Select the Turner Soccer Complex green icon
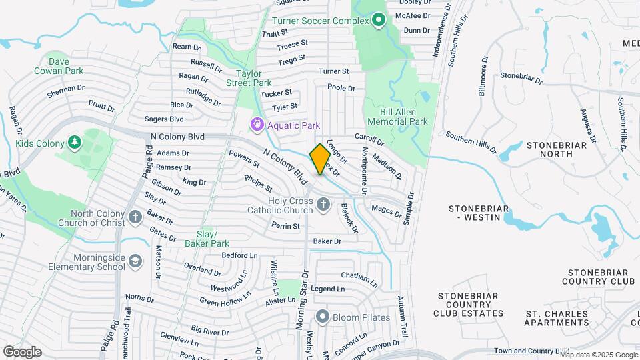coord(379,21)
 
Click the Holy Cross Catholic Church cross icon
coord(323,205)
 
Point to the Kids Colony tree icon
coord(75,143)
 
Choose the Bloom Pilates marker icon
coord(323,317)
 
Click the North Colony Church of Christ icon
coord(135,217)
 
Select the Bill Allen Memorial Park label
coord(398,117)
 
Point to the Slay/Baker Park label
coord(212,239)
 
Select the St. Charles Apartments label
coord(557,318)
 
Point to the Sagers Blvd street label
coord(164,119)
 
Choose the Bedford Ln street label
coord(239,255)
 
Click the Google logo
coord(22,352)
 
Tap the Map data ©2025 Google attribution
coord(599,355)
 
